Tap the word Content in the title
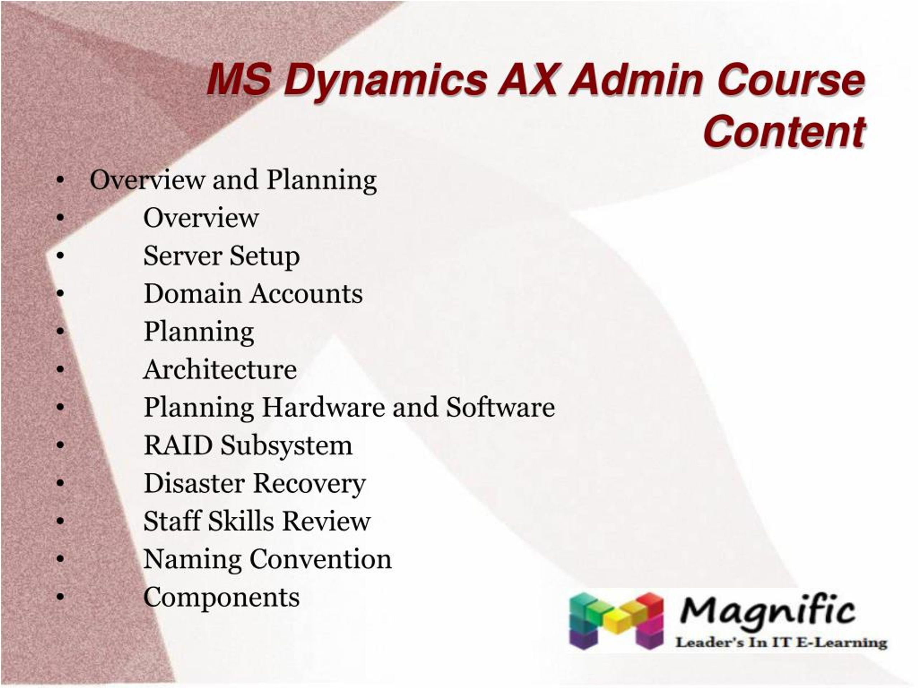784,132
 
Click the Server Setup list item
221,256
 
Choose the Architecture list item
220,369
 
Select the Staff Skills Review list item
256,521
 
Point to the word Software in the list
500,407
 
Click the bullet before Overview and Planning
61,180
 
